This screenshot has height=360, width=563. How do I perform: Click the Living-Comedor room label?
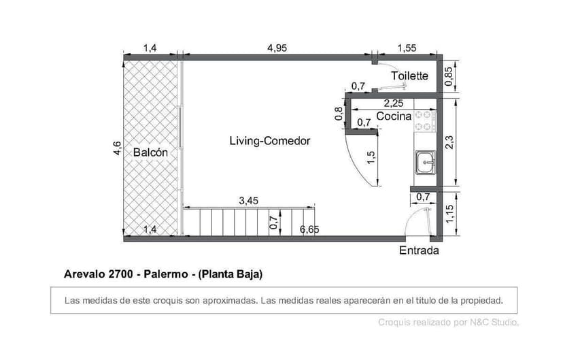pyautogui.click(x=269, y=141)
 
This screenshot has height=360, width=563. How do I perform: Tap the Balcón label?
pyautogui.click(x=150, y=152)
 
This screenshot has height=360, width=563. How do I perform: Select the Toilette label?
pyautogui.click(x=409, y=76)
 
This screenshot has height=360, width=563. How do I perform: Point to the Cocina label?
pyautogui.click(x=394, y=116)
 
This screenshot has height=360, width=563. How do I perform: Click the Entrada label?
pyautogui.click(x=418, y=250)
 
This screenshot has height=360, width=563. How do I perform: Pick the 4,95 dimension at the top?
pyautogui.click(x=277, y=48)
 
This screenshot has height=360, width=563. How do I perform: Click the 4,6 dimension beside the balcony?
pyautogui.click(x=116, y=148)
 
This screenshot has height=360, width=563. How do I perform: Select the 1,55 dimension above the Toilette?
pyautogui.click(x=406, y=48)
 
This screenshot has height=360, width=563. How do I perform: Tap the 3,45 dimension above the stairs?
pyautogui.click(x=249, y=201)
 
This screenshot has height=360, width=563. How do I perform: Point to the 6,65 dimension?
pyautogui.click(x=309, y=229)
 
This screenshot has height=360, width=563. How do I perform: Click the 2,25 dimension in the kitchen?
pyautogui.click(x=394, y=103)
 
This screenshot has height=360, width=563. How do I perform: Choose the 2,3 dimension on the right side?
pyautogui.click(x=449, y=142)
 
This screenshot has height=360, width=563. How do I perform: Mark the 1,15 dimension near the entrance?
pyautogui.click(x=449, y=213)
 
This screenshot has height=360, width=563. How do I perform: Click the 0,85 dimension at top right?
pyautogui.click(x=449, y=75)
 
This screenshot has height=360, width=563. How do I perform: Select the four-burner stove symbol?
pyautogui.click(x=424, y=120)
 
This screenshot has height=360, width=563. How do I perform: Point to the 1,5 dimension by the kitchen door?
pyautogui.click(x=371, y=157)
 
